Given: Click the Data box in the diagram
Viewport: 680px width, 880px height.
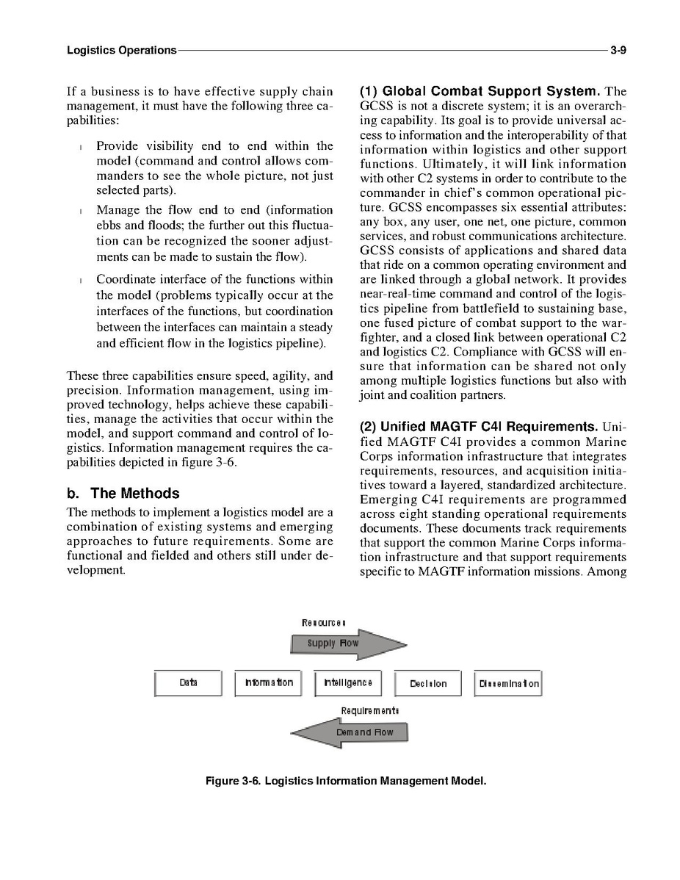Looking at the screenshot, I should pyautogui.click(x=188, y=683).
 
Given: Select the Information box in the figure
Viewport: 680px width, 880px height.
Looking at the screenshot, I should pyautogui.click(x=268, y=683).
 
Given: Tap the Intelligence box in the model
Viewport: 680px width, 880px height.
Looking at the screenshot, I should pyautogui.click(x=348, y=683).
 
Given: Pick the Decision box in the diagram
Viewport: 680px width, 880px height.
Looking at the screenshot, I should pyautogui.click(x=428, y=684).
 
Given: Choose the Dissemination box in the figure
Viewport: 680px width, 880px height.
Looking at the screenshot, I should pyautogui.click(x=509, y=684).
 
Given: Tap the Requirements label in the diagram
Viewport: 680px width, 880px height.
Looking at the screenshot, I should pyautogui.click(x=369, y=711).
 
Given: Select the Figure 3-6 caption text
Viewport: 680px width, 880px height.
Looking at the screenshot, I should pyautogui.click(x=346, y=781).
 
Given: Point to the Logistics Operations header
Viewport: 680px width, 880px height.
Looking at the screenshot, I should pyautogui.click(x=121, y=51).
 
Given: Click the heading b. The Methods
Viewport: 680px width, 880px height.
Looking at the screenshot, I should pyautogui.click(x=123, y=494).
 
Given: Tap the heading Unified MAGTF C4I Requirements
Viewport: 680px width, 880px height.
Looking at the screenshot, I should pyautogui.click(x=477, y=427).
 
